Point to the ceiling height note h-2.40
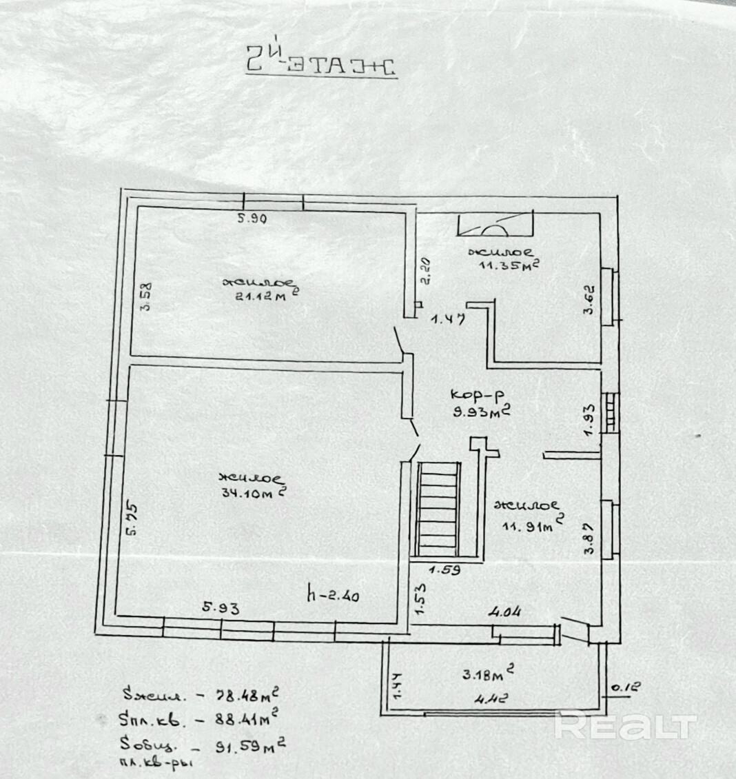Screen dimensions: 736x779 [334, 594]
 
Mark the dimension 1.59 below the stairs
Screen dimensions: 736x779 [444, 570]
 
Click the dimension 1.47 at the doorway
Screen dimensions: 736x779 [449, 319]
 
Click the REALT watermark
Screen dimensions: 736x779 [626, 725]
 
